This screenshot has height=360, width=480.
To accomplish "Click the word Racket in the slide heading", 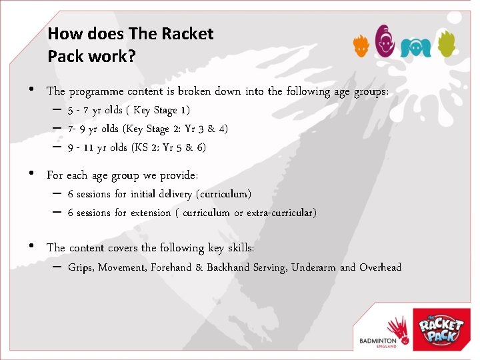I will click(184, 34).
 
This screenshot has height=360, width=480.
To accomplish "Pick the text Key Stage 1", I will click(161, 110).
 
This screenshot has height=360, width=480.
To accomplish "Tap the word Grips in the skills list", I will click(81, 267).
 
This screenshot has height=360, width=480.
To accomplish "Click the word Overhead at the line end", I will click(380, 267).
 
